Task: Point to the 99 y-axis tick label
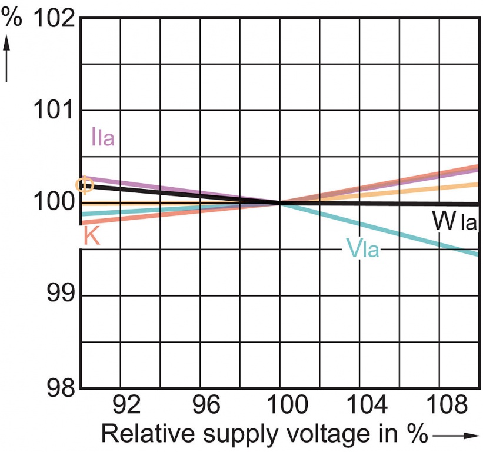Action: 62,294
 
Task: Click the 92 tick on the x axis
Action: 125,406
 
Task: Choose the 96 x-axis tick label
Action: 206,406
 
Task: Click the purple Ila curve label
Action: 102,137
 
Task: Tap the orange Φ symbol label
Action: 85,185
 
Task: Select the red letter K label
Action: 91,236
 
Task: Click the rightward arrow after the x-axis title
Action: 455,436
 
